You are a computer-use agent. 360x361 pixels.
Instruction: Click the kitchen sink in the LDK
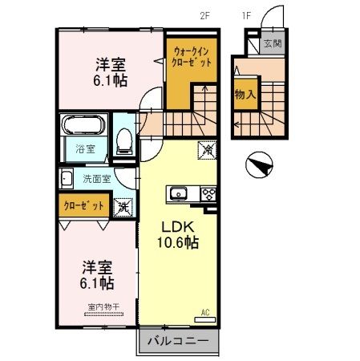pos(178,193)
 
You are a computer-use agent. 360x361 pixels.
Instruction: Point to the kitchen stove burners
pos(208,193)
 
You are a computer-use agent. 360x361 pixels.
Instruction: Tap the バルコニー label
pos(178,341)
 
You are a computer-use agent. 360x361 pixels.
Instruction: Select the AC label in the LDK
pos(204,312)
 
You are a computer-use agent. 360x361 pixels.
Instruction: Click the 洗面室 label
pos(94,179)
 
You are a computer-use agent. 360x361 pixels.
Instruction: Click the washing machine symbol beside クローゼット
pos(125,207)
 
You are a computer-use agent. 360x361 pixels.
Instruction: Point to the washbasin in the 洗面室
pos(66,179)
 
